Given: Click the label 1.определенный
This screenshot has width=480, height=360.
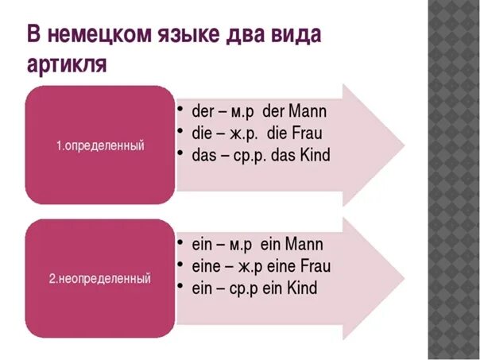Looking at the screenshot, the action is pos(100,146).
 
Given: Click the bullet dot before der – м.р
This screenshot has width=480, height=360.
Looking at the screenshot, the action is pos(182,111).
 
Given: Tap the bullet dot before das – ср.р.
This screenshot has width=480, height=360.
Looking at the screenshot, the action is pos(182,156).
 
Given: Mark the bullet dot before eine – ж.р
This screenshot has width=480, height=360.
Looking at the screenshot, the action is pos(182,265).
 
